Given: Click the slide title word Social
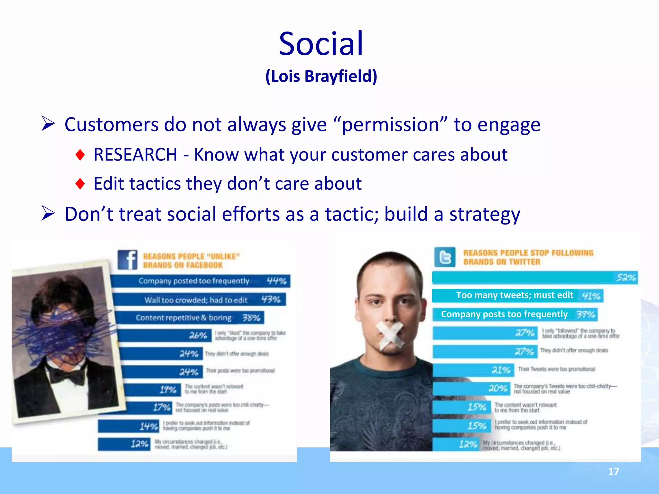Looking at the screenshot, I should click(321, 44).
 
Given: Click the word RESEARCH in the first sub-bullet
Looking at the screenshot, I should click(135, 155).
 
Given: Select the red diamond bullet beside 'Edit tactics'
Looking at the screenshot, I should click(80, 184).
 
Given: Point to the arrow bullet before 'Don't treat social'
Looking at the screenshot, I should click(48, 214).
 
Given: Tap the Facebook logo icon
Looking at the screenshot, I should click(127, 260).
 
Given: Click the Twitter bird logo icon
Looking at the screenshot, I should click(445, 257).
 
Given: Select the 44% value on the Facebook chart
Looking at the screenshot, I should click(276, 281).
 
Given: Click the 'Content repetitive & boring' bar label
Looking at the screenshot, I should click(183, 318).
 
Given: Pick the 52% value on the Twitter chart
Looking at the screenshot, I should click(626, 278).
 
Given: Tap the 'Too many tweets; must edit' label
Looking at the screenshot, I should click(515, 295).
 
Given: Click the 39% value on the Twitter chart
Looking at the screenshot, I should click(586, 314).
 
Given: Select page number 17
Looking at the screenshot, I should click(613, 471).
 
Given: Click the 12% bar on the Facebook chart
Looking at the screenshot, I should click(124, 444).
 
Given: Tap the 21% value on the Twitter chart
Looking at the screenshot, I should click(501, 370).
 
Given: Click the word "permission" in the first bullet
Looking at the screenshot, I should click(390, 125).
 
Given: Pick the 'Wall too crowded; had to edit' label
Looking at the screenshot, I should click(196, 300).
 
